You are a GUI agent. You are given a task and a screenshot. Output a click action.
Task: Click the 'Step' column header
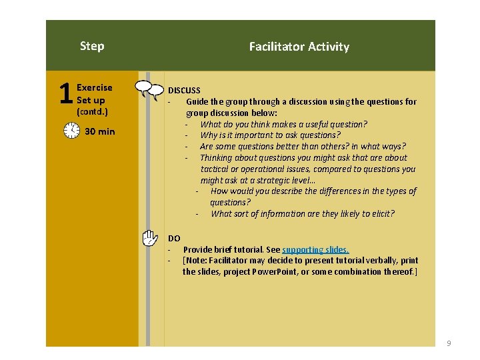point(92,46)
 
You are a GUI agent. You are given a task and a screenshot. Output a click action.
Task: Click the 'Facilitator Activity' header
point(299,47)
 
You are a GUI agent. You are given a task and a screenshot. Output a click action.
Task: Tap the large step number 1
point(65,94)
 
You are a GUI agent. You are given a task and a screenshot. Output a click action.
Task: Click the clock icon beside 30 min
point(71,131)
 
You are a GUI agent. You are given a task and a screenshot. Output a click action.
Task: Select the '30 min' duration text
point(100,131)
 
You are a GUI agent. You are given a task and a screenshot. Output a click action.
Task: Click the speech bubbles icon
point(149,89)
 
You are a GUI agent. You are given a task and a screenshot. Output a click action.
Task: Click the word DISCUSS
point(184,90)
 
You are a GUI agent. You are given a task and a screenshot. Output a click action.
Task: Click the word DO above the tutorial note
point(174,238)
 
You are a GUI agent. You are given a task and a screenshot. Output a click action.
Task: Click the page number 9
point(449,343)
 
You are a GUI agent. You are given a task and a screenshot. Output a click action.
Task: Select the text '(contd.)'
point(93,111)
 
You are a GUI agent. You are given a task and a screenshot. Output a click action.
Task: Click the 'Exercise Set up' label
point(94,94)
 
